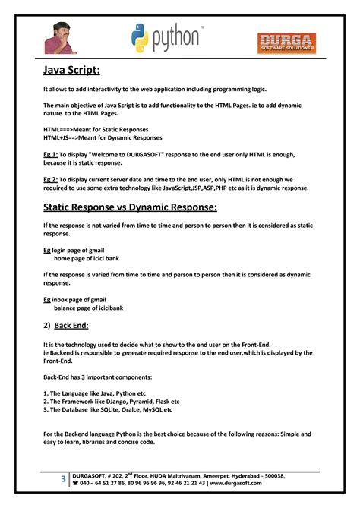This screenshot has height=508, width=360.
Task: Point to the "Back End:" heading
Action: [71, 325]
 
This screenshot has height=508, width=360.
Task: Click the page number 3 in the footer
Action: [63, 479]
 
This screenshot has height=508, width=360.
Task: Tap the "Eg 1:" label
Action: [51, 153]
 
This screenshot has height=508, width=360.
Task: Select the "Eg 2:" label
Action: [51, 178]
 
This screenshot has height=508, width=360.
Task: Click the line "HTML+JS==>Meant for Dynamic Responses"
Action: [103, 138]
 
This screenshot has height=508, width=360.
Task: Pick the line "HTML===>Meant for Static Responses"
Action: [96, 130]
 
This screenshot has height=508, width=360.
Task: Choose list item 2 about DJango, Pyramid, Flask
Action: [112, 401]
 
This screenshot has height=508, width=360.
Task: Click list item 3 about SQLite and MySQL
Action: [108, 409]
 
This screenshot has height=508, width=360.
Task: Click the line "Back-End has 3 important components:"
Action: [97, 377]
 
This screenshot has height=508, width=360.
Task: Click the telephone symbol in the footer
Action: [75, 483]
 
